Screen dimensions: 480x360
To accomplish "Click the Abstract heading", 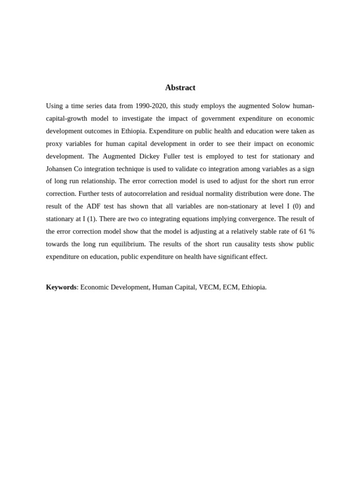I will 180,88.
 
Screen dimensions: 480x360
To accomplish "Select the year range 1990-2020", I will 151,106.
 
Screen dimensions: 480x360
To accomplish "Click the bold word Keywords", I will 61,287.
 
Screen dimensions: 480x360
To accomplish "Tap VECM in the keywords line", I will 209,287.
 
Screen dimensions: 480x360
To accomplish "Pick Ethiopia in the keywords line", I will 254,287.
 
